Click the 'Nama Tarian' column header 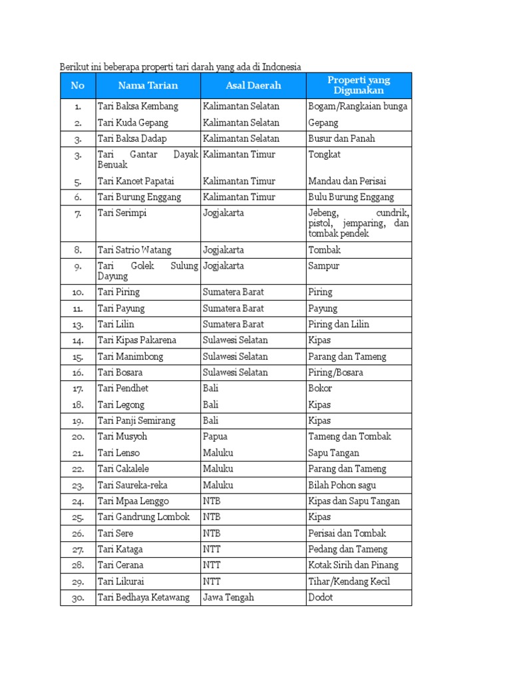coord(148,85)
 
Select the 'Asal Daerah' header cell coord(253,85)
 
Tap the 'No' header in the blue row coord(78,85)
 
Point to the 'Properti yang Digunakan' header coord(359,85)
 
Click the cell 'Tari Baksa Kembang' coord(138,106)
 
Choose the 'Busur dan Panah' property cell coord(341,138)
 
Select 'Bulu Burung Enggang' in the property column coord(351,197)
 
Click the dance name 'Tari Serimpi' coord(122,213)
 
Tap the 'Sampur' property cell coord(323,266)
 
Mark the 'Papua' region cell coord(215,437)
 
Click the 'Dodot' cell coord(321,597)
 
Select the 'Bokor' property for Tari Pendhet coord(320,388)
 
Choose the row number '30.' coord(78,598)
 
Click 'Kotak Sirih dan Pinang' coord(353,565)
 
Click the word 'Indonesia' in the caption coord(281,67)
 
